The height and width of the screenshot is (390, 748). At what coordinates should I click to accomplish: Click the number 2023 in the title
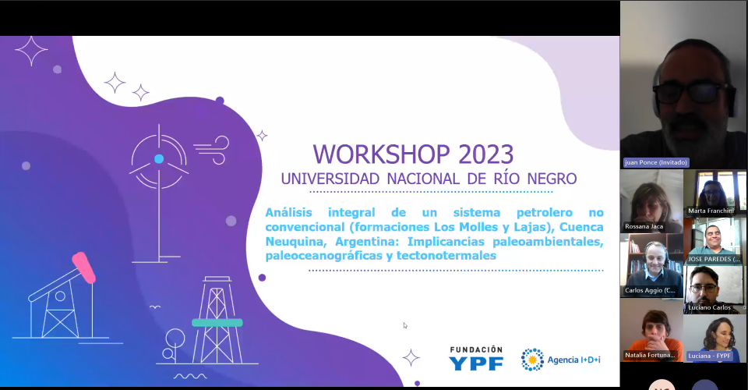(x=485, y=154)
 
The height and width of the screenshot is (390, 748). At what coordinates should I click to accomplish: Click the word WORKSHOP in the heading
(x=381, y=154)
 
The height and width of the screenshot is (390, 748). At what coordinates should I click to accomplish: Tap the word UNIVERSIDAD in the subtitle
(x=330, y=179)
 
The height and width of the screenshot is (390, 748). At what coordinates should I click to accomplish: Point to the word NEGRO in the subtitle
(x=552, y=179)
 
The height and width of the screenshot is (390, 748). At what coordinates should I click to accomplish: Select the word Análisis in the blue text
(x=288, y=212)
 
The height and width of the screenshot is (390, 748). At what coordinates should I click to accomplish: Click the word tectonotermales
(x=446, y=256)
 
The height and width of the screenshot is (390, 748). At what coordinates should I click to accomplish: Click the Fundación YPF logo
(x=476, y=359)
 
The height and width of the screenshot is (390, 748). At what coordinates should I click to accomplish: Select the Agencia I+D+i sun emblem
(x=532, y=360)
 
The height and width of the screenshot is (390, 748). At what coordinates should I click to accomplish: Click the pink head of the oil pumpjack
(x=84, y=268)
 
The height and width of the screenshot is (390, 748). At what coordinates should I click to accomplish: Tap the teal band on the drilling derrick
(x=217, y=323)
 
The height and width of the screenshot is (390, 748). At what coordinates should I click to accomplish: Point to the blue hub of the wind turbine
(x=159, y=158)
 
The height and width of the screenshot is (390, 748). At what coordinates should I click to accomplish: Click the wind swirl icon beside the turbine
(x=212, y=150)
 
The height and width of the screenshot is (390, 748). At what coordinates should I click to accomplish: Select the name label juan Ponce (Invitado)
(x=656, y=162)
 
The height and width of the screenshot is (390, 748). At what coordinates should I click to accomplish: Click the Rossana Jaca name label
(x=644, y=226)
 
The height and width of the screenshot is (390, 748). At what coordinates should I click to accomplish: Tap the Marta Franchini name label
(x=711, y=211)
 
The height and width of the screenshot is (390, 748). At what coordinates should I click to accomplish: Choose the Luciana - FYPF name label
(x=709, y=356)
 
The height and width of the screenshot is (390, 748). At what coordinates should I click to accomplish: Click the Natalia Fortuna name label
(x=650, y=355)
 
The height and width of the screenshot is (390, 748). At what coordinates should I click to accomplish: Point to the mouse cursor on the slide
(x=405, y=325)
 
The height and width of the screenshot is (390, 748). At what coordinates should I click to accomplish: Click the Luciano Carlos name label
(x=709, y=307)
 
